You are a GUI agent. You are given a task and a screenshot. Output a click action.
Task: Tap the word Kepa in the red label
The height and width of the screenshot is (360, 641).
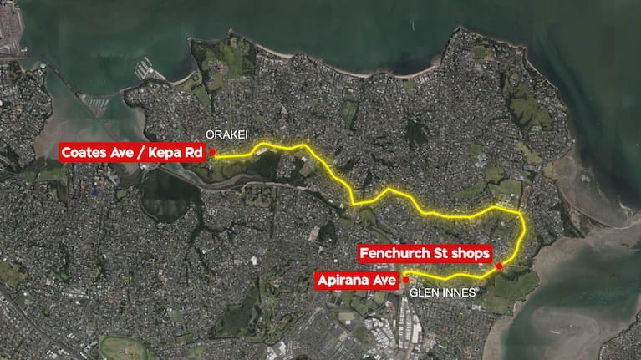(x=162, y=152)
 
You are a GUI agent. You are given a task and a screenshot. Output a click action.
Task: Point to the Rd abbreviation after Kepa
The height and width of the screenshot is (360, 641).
(x=189, y=152)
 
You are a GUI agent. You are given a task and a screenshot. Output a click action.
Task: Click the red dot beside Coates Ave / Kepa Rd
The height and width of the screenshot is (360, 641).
(x=213, y=152)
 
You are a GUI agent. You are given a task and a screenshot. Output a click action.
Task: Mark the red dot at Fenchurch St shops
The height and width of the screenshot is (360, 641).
(x=499, y=266)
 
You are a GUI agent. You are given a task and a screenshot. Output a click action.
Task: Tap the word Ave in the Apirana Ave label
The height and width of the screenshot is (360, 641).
(x=383, y=280)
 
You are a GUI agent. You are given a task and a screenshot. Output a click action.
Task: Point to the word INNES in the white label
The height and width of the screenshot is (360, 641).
(x=459, y=294)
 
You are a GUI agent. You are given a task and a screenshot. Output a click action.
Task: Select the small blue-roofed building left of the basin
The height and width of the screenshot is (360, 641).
(x=96, y=191)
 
